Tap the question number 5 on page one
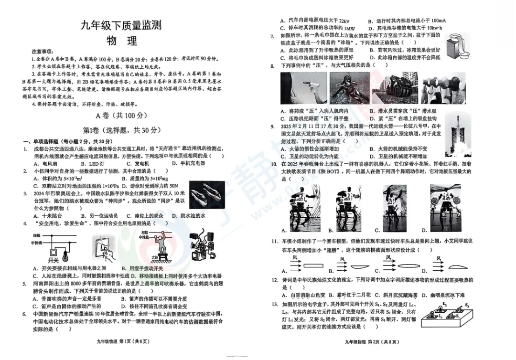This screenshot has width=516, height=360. point(24,283)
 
